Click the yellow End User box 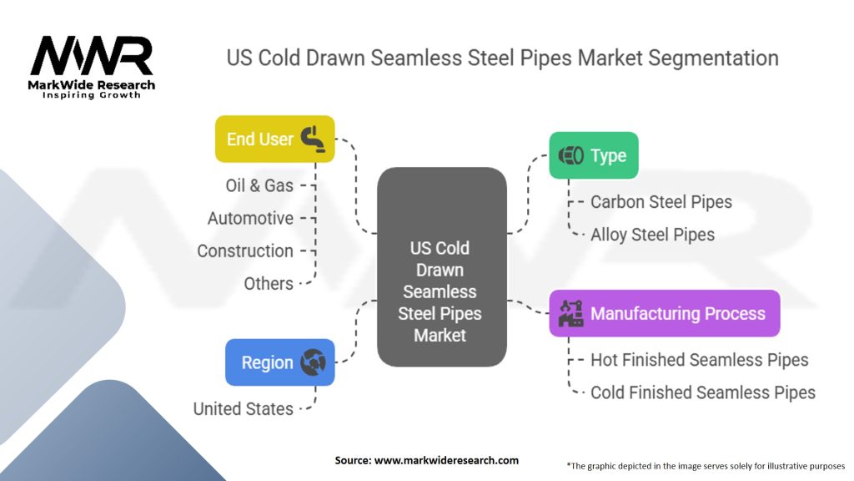274,139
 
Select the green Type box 593,155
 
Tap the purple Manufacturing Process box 664,313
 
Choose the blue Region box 279,362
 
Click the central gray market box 441,267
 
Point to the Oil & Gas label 259,185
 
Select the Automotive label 250,218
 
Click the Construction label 245,251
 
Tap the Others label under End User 269,283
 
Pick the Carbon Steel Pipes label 661,202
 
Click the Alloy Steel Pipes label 652,235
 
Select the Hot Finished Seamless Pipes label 699,360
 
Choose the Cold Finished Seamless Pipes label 702,392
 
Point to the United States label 244,408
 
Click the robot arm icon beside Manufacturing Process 571,313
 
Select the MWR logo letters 92,57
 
